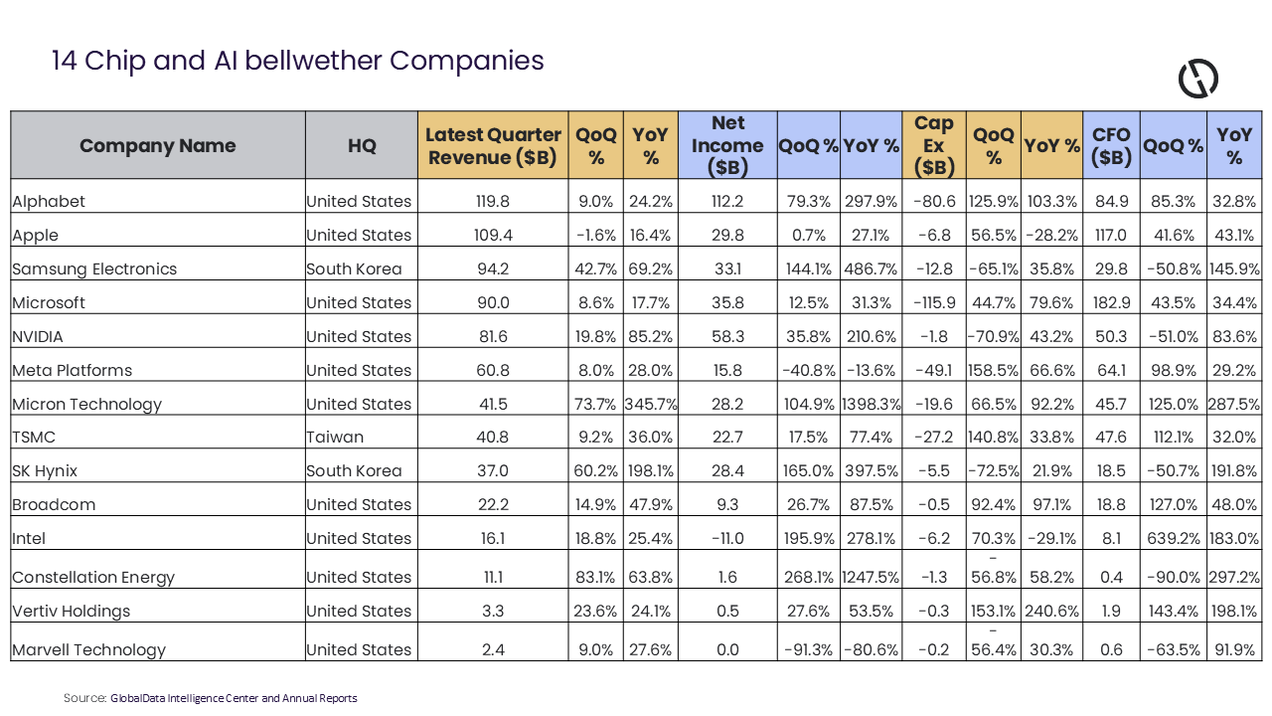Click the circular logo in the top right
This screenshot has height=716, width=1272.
coord(1198,79)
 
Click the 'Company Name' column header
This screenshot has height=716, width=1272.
coord(157,145)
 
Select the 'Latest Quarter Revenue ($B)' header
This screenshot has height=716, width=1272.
coord(493,145)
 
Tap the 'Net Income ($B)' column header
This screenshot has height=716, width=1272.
coord(727,145)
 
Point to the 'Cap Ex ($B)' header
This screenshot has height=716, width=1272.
coord(933,145)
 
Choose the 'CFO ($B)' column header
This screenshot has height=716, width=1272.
coord(1111,145)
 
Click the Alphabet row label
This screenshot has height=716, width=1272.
coord(49,201)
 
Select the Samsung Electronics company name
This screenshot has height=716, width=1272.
coord(94,268)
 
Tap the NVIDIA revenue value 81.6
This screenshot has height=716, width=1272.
coord(493,336)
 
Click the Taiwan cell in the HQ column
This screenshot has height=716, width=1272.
coord(335,437)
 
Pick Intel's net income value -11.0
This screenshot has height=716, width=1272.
coord(727,538)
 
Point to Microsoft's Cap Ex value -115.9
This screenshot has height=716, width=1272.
coord(934,302)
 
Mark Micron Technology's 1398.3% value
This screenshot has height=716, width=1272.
coord(872,404)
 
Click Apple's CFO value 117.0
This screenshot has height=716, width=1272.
coord(1111,235)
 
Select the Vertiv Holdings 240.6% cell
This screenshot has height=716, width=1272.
coord(1051,611)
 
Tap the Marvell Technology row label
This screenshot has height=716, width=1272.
coord(88,649)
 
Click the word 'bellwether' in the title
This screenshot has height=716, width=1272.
coord(312,61)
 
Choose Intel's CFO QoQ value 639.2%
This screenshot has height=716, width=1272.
coord(1174,538)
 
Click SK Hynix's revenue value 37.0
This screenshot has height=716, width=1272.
coord(493,471)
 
